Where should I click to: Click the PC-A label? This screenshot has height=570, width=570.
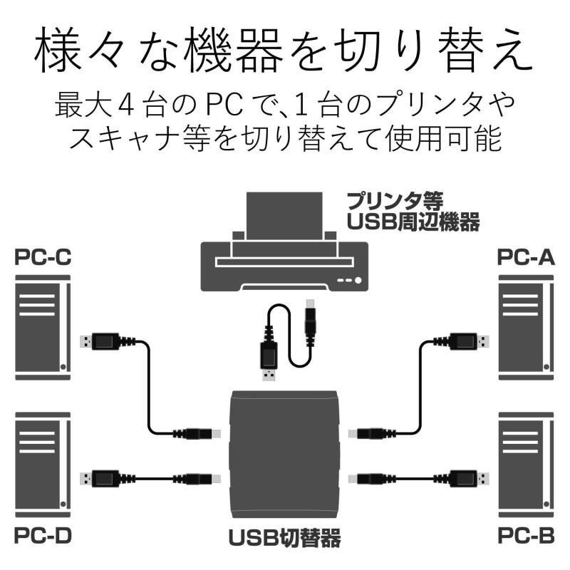525,258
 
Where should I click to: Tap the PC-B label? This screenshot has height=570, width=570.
525,535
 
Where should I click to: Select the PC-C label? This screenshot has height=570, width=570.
43,258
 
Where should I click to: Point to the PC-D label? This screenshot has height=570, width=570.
43,535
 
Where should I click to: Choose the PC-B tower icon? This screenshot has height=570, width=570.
526,463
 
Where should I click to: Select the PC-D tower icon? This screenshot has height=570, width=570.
43,463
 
